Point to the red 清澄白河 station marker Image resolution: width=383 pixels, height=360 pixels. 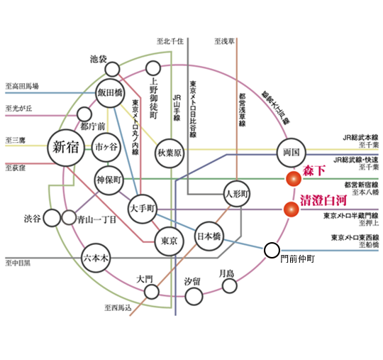(290, 209)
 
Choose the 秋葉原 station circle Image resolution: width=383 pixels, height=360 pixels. (170, 151)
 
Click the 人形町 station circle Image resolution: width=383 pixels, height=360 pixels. (237, 193)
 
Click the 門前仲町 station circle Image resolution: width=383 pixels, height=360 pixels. (272, 250)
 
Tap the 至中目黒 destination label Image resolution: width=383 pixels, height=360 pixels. (21, 263)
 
